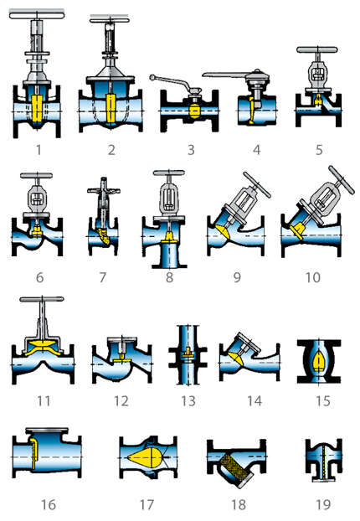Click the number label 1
point(36,150)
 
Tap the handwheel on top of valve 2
point(110,18)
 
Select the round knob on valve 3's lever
point(153,78)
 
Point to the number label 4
point(257,150)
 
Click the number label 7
point(101,276)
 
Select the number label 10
point(312,276)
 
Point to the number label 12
point(121,400)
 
